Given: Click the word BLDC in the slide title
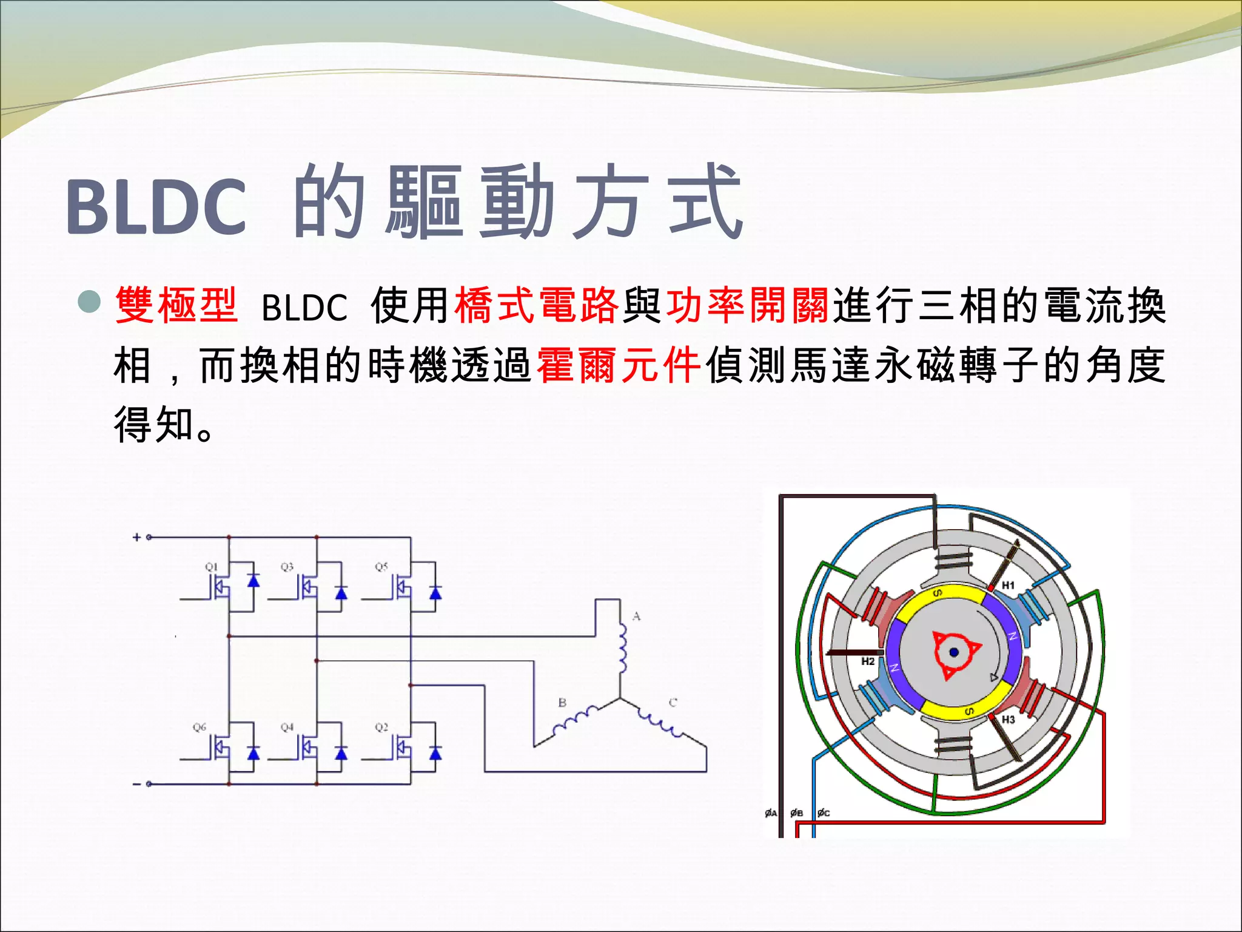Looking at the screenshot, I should coord(156,207).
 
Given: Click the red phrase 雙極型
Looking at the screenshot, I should coord(176,306).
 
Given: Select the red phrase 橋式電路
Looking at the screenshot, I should coord(537,306).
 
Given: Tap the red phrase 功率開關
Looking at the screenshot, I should coord(748,306).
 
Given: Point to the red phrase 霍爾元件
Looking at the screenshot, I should coord(619,366).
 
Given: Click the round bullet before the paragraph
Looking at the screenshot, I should coord(89,302).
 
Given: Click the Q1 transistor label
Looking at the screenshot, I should coord(211,567).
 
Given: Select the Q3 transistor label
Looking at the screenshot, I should coord(287,567).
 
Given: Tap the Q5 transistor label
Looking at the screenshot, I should coord(381,567).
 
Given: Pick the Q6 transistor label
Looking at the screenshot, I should coord(200,727).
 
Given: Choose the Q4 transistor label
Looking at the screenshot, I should coord(287,727).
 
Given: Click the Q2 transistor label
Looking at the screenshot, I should coord(381,727).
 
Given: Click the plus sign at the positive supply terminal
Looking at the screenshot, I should coord(136,537).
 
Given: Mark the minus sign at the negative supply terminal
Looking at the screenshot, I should coord(136,785).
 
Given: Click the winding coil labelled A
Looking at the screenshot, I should coord(622,649).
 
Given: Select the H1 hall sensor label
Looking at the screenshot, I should coord(1008,586).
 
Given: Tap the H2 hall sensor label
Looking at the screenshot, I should coord(868,661).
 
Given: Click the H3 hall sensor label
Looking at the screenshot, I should coord(1008,720).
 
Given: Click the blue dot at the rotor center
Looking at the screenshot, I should coord(954,652).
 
